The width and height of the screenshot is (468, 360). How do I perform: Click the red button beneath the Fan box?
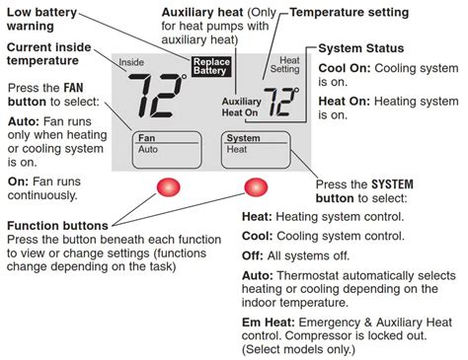tap(168, 187)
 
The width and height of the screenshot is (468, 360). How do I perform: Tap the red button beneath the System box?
tap(256, 187)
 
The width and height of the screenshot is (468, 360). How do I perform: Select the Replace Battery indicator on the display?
tap(211, 66)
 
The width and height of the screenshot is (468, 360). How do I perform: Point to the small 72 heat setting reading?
tap(281, 102)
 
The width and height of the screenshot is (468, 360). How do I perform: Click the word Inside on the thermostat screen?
tap(131, 62)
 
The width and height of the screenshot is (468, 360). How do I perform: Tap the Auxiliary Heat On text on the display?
tap(241, 107)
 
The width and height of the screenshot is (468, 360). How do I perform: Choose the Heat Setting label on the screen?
tap(285, 65)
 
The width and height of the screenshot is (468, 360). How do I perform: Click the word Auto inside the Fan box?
tap(148, 149)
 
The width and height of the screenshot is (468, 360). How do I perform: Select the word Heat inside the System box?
tap(237, 149)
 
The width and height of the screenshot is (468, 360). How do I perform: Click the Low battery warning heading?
tap(41, 19)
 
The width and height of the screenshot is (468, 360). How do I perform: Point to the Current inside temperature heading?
tap(48, 54)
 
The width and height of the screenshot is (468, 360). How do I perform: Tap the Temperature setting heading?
tap(350, 13)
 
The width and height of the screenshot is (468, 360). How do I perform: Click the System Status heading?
tap(361, 48)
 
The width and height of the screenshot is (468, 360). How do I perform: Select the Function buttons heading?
tap(57, 226)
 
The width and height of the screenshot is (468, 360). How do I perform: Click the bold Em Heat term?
tap(269, 323)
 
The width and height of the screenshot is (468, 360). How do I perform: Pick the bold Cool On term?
tap(345, 68)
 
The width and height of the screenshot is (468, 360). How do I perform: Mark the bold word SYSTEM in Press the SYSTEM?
tap(392, 184)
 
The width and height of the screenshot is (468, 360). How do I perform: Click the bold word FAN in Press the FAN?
tap(73, 88)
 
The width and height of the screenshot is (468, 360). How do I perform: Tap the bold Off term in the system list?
tap(253, 255)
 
